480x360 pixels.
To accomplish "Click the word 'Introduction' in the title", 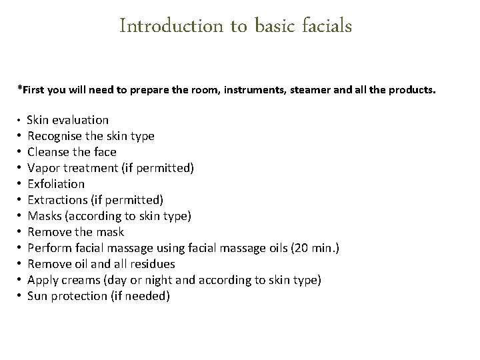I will [162, 27].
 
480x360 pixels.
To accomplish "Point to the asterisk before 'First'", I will [19, 87].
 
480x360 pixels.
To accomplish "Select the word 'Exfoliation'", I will [56, 184].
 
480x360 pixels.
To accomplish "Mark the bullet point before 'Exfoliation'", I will [19, 184].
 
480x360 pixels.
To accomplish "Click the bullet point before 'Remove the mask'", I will [19, 232].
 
